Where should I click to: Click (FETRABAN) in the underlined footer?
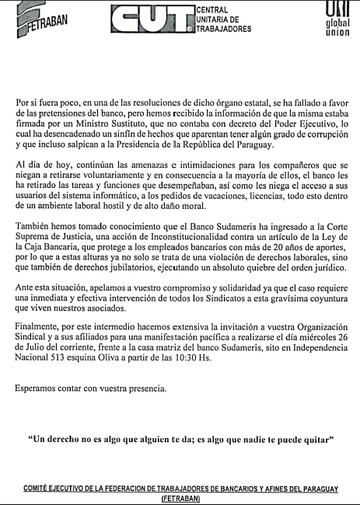(x=180, y=499)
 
